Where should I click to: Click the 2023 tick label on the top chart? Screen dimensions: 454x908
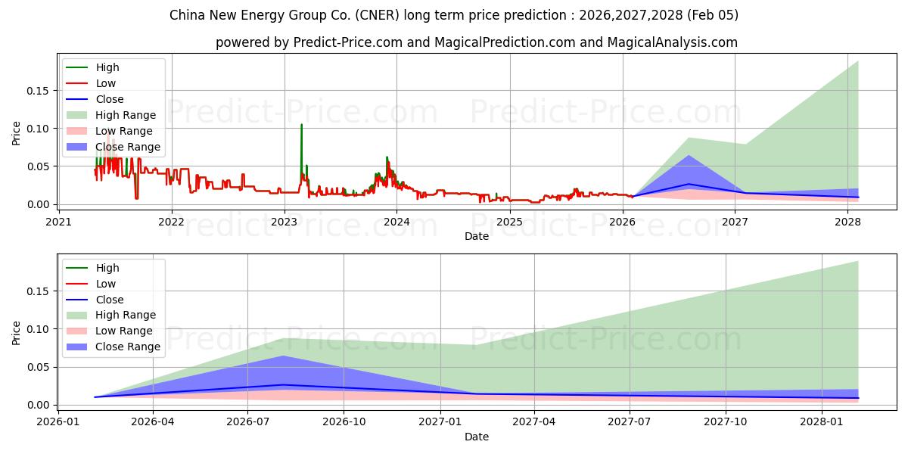point(285,222)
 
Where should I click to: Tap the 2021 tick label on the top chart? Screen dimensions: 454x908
point(59,222)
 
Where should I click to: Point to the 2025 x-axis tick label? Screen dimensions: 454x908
point(510,222)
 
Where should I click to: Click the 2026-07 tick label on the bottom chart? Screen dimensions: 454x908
point(248,422)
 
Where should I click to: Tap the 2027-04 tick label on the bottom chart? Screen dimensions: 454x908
point(534,422)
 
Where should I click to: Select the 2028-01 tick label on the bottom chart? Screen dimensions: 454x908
point(822,422)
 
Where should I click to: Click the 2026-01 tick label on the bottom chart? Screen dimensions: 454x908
point(58,422)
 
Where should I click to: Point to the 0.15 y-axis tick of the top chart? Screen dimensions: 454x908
point(38,91)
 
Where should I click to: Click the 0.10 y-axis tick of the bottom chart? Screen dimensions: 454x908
point(38,329)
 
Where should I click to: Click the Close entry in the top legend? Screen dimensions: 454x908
point(110,99)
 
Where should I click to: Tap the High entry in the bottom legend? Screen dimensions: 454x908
point(107,268)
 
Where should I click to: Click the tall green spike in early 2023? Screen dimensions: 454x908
point(301,126)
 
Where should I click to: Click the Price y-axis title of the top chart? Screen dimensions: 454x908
point(17,134)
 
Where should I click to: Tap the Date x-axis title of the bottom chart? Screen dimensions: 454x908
point(477,437)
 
